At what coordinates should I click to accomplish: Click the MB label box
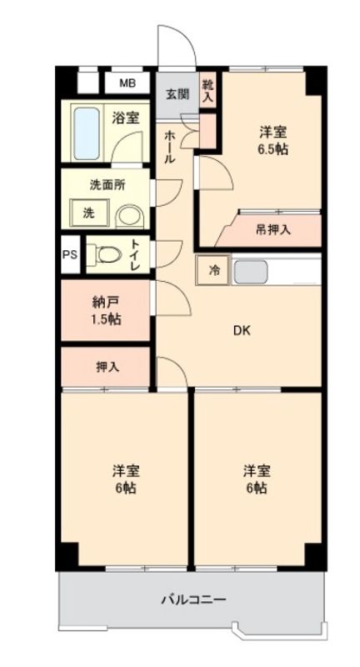point(128,83)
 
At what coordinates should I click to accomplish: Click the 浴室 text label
point(125,118)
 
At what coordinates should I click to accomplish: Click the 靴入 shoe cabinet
point(207,88)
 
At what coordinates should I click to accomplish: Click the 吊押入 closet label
point(272,229)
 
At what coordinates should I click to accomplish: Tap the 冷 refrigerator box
point(214,270)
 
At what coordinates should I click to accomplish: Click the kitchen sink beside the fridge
point(250,271)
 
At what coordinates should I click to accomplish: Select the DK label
point(241,329)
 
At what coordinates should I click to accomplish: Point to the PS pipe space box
point(70,255)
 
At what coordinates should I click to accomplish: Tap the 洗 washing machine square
point(87,213)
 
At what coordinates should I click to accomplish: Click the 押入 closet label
point(106,366)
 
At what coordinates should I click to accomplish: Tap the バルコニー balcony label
point(192,598)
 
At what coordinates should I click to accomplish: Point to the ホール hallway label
point(169,147)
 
